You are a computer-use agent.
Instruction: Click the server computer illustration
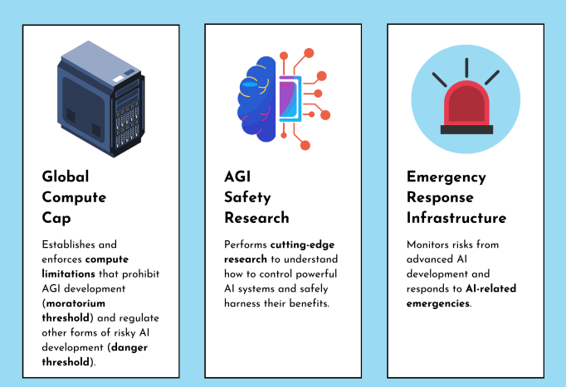pos(100,99)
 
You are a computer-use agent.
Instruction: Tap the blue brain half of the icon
pos(256,99)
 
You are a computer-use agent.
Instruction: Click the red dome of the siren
pos(466,104)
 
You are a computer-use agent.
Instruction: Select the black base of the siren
pos(466,130)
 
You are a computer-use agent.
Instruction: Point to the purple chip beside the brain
pos(290,99)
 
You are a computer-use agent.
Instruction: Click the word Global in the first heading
pos(66,177)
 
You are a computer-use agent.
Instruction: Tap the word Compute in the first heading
pos(74,197)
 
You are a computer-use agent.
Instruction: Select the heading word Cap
pos(56,218)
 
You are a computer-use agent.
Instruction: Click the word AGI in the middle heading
pos(237,177)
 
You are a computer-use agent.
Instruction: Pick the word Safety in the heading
pos(247,197)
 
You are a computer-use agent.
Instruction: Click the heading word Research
pos(256,218)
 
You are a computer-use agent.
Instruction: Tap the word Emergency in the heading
pos(446,177)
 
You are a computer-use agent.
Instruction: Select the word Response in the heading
pos(440,197)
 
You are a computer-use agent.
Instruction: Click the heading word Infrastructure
pos(456,218)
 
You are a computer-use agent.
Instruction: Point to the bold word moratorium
pos(76,303)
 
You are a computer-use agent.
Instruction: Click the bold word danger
pos(129,347)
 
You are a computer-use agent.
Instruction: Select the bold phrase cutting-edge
pos(302,244)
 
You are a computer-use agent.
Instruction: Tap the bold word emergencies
pos(438,303)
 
